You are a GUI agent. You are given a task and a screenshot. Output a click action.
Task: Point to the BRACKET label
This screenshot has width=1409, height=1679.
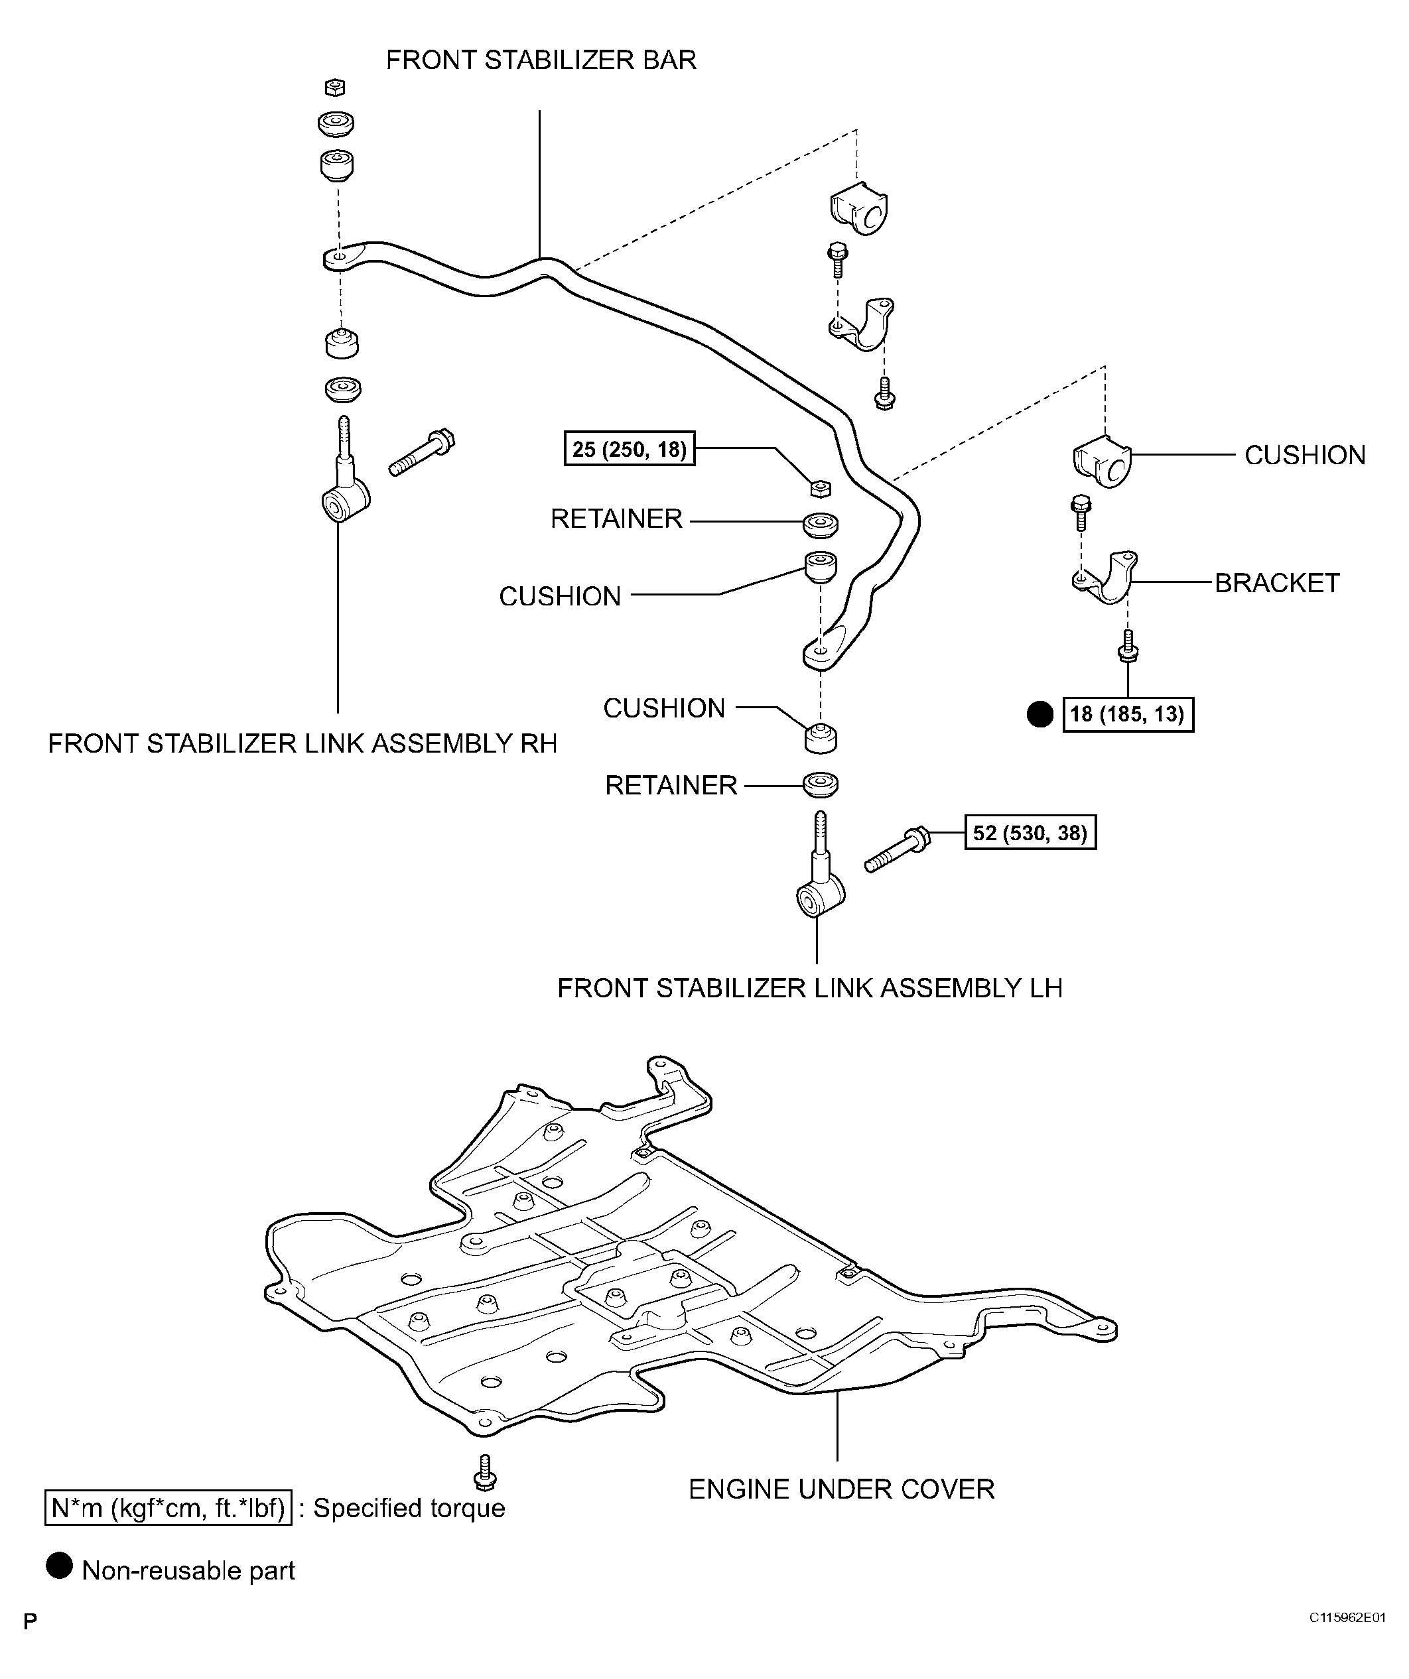click(1276, 583)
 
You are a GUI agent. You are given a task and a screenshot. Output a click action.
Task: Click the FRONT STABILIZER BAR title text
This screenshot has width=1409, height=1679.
click(541, 60)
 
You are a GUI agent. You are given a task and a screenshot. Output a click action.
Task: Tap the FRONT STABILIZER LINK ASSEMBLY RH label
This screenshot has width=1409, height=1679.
click(302, 743)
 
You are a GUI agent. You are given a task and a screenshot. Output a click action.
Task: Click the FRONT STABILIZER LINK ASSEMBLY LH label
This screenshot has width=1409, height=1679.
click(809, 988)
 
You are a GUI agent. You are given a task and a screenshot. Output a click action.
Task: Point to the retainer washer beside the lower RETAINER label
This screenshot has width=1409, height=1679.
click(821, 784)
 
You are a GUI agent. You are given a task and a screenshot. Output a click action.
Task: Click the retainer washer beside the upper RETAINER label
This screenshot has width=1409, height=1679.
click(821, 525)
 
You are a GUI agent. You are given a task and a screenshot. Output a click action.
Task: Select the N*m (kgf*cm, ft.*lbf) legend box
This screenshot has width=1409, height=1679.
click(168, 1508)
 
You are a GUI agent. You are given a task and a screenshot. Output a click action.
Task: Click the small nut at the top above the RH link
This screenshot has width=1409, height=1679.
click(336, 87)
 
